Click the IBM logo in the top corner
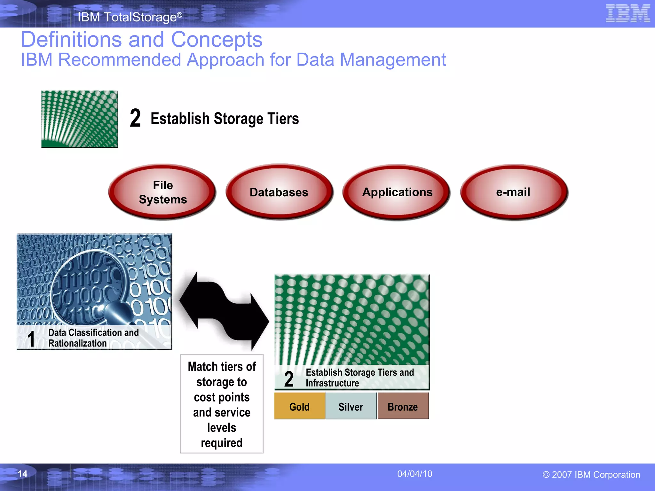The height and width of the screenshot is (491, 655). pyautogui.click(x=627, y=13)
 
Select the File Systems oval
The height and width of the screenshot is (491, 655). pyautogui.click(x=162, y=192)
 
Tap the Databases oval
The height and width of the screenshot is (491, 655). pyautogui.click(x=279, y=192)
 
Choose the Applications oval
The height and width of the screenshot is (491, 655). pyautogui.click(x=397, y=192)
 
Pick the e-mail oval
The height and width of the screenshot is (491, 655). pyautogui.click(x=513, y=192)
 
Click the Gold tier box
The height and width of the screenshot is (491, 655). pyautogui.click(x=299, y=406)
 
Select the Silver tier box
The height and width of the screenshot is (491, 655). pyautogui.click(x=351, y=406)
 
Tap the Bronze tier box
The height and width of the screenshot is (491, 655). pyautogui.click(x=403, y=406)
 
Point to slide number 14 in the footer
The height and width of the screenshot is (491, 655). pyautogui.click(x=22, y=474)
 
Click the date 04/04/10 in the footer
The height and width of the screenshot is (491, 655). pyautogui.click(x=414, y=474)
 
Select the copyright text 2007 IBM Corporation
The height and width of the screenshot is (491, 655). pyautogui.click(x=591, y=475)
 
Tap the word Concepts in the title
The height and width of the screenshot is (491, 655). pyautogui.click(x=217, y=40)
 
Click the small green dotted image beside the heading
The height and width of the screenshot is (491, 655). pyautogui.click(x=80, y=119)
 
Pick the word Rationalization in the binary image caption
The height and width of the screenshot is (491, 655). pyautogui.click(x=77, y=343)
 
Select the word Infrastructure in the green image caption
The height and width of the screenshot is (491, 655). pyautogui.click(x=332, y=383)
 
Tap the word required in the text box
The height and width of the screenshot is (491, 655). pyautogui.click(x=222, y=443)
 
